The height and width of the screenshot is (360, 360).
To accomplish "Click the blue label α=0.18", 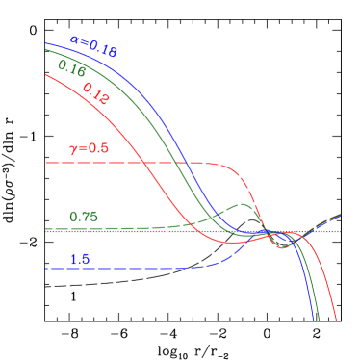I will (x=93, y=46).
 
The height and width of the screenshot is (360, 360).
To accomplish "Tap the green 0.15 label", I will (x=71, y=68).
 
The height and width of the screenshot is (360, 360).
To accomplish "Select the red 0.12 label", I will (x=95, y=92).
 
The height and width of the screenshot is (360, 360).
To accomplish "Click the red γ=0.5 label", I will (x=89, y=148).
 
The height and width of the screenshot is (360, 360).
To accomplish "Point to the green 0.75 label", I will (x=84, y=217).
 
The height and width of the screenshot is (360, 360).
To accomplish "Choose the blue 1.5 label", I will (x=80, y=260).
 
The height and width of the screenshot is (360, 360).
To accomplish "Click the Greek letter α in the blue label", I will (x=75, y=41).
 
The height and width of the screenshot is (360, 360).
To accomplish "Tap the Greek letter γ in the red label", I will (x=73, y=149).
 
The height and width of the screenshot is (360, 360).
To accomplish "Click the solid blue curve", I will (x=173, y=144).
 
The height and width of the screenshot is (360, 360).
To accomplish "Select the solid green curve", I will (x=164, y=144).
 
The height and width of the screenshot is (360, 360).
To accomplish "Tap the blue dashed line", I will (x=125, y=268).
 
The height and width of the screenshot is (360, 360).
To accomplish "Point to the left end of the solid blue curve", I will (x=45, y=43).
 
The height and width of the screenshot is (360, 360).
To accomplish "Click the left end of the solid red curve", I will (x=45, y=75).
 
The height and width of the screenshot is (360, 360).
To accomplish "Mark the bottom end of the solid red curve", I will (x=336, y=321).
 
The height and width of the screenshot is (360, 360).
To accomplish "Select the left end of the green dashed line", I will (x=45, y=229).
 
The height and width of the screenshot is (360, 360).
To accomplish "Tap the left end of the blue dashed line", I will (x=45, y=268).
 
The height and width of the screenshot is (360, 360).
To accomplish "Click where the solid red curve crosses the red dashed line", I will (x=147, y=163).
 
